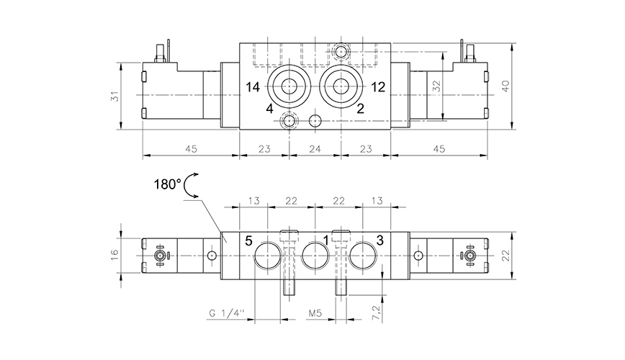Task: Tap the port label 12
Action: (x=378, y=87)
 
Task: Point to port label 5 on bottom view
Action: (x=248, y=240)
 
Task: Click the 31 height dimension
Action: (x=114, y=96)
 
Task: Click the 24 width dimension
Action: (x=314, y=149)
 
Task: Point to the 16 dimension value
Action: (x=114, y=256)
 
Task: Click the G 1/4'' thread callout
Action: (x=225, y=314)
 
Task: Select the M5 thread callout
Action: (x=315, y=314)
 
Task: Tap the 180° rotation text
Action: (x=168, y=184)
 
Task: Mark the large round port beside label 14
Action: (x=289, y=87)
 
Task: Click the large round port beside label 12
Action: (x=340, y=87)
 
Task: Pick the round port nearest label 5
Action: (x=267, y=256)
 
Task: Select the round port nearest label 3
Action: (x=362, y=256)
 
